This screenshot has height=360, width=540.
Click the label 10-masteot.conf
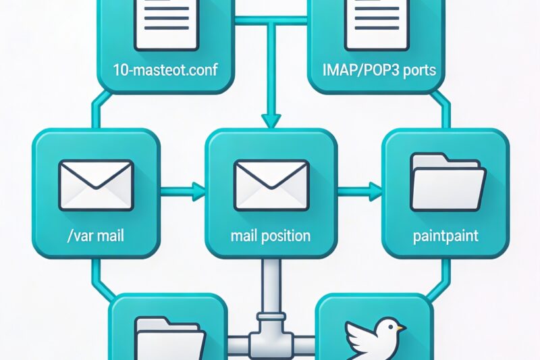159,70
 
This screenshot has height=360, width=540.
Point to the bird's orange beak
402,329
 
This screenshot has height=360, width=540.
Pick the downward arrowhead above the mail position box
270,120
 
